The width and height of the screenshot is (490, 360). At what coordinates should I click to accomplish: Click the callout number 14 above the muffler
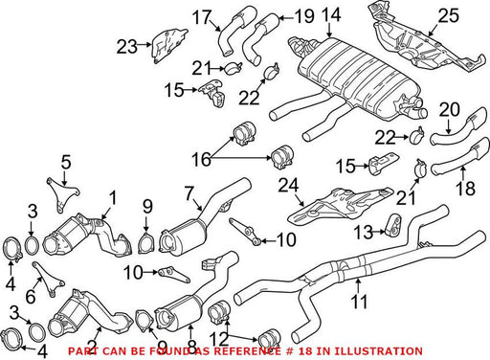coord(331,15)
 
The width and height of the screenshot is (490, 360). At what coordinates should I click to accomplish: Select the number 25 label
coord(448,15)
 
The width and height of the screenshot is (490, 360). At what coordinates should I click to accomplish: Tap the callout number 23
coord(127,47)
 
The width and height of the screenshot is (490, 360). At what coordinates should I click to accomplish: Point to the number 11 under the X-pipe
coord(359,301)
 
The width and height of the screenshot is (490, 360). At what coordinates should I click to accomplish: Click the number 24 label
coord(288,186)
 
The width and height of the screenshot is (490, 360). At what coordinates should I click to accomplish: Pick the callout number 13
coord(364,232)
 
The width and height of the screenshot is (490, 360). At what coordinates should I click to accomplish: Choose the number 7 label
coord(189,194)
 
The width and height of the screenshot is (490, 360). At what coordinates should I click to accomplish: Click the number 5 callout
coord(66,163)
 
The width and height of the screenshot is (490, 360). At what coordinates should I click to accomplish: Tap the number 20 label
coord(450,109)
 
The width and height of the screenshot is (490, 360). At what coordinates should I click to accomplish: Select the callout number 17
coord(202,17)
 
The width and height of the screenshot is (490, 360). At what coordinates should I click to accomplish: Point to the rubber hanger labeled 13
coord(393,224)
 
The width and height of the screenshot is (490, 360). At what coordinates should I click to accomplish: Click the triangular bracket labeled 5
coord(62,194)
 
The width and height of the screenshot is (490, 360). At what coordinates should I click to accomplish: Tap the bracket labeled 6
coord(48,279)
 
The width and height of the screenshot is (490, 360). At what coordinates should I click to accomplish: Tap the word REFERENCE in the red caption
coord(246,351)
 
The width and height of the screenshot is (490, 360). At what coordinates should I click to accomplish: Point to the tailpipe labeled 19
coord(258,38)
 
